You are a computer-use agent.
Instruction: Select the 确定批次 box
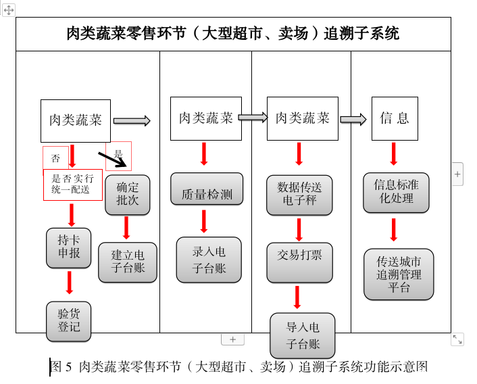127,195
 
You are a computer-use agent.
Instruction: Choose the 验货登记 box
69,320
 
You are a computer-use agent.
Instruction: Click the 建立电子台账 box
128,262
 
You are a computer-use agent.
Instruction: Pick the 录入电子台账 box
209,260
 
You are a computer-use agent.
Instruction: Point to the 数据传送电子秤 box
299,195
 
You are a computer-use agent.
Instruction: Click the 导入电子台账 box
302,335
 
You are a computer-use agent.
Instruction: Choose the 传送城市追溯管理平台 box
399,274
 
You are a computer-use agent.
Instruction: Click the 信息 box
395,118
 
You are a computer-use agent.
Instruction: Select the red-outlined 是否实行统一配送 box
72,185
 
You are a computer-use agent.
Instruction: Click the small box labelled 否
55,158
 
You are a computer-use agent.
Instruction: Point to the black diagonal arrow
111,159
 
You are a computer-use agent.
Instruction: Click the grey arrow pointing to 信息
353,120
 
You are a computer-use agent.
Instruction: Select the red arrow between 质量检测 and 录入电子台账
204,221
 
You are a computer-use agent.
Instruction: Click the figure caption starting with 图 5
240,367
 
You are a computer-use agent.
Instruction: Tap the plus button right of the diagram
457,174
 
